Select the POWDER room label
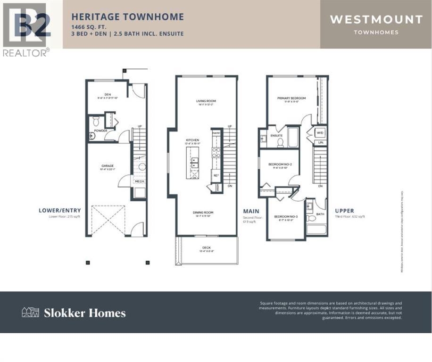(x=100, y=131)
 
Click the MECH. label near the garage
(x=140, y=181)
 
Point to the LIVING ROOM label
(x=206, y=101)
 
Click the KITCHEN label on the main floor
(x=192, y=140)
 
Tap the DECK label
(x=207, y=247)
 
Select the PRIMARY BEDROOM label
(x=291, y=98)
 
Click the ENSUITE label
(x=277, y=135)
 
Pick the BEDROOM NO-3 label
(x=284, y=216)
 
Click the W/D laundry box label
(x=321, y=132)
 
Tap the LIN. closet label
(x=321, y=141)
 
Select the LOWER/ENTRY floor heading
(x=60, y=210)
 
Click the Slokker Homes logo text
(x=84, y=313)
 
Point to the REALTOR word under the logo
(x=24, y=52)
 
